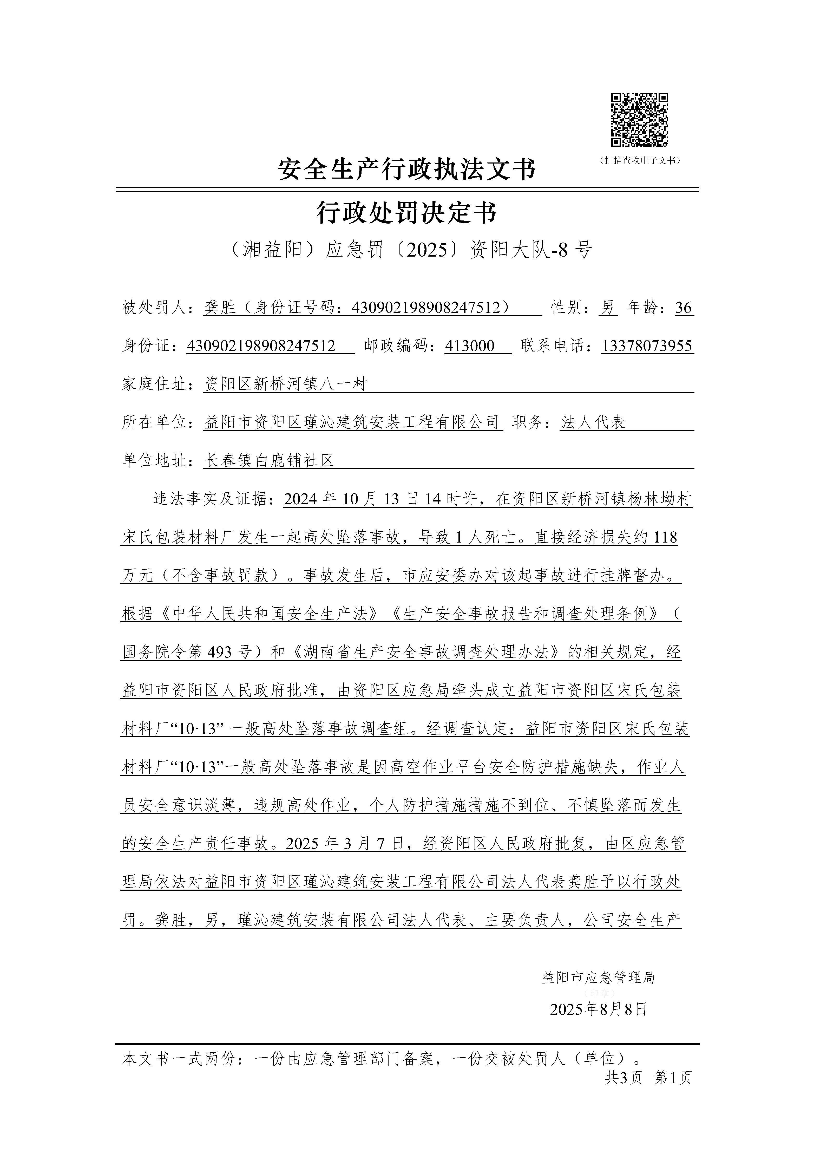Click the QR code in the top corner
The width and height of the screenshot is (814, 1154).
639,121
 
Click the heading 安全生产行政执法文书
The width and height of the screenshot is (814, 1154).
407,169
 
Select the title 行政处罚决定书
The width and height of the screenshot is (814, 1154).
407,213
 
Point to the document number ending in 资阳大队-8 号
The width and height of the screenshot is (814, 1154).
407,249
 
